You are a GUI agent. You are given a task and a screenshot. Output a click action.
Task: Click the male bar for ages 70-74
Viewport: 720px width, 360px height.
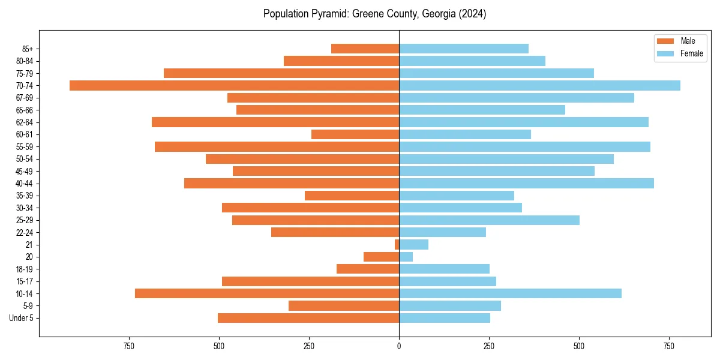(234, 85)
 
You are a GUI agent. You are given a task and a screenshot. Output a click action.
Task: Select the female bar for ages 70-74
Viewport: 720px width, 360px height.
(539, 85)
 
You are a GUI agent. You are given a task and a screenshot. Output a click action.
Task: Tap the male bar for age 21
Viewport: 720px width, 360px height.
(397, 244)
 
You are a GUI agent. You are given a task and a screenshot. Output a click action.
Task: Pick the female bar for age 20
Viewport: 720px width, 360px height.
(406, 257)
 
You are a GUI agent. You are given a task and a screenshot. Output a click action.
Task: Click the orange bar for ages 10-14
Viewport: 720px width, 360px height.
(267, 293)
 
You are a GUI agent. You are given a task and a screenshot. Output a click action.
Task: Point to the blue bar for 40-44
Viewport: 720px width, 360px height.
(526, 183)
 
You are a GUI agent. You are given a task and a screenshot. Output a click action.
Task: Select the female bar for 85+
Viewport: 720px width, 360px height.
(464, 49)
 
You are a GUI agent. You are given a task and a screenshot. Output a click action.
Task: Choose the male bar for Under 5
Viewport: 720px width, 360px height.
(308, 318)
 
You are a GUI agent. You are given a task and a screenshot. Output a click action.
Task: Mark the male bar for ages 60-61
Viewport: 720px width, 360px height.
(355, 134)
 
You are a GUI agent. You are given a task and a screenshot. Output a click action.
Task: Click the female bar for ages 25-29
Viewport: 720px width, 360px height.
(489, 220)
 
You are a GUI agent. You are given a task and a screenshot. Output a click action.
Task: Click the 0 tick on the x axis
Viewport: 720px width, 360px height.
(399, 346)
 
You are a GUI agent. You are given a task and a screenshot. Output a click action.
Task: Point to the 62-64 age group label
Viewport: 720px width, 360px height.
(25, 122)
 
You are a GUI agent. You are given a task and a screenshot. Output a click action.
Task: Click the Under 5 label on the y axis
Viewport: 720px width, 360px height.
(22, 318)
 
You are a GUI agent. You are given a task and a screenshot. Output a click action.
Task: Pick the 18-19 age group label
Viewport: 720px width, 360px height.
(25, 269)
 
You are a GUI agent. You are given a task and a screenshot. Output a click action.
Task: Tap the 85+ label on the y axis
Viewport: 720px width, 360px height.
(28, 49)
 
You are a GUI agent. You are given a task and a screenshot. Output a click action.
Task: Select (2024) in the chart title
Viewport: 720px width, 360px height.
(472, 14)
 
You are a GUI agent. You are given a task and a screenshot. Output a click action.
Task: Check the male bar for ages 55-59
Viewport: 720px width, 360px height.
(277, 146)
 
